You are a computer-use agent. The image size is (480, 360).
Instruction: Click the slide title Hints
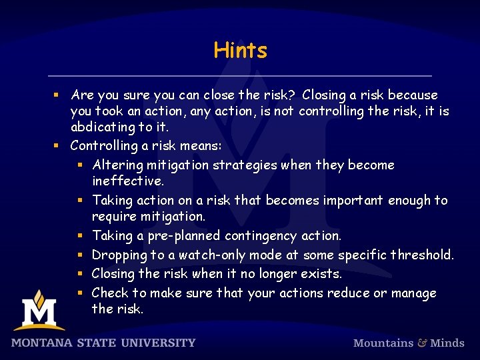tap(240, 50)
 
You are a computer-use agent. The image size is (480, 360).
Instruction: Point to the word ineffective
tap(127, 181)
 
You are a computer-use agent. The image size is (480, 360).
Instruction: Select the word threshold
tap(422, 255)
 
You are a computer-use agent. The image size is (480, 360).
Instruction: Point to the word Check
tap(110, 293)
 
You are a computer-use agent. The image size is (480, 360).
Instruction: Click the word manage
tap(413, 293)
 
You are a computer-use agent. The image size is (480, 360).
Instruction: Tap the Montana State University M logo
tap(39, 311)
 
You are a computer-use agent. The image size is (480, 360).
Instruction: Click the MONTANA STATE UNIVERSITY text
tap(103, 343)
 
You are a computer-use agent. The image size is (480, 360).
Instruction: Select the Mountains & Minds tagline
tap(408, 343)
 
